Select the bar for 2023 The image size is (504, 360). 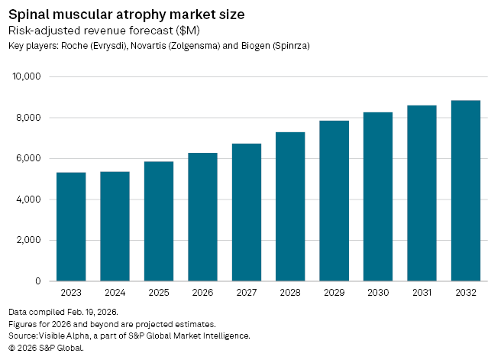[71, 227]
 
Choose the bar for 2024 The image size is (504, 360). [115, 226]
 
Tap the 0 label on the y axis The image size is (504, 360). [37, 281]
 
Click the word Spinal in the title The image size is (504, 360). [30, 14]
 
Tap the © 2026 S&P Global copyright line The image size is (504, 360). [46, 347]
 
